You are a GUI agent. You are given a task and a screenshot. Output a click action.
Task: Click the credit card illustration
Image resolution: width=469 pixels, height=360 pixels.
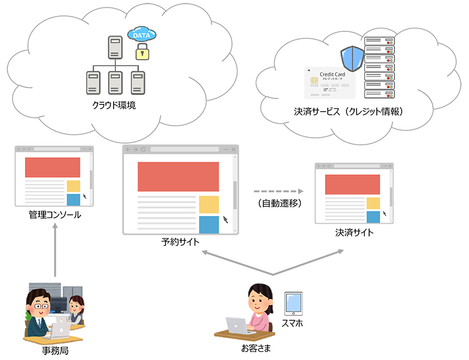(x=329, y=83)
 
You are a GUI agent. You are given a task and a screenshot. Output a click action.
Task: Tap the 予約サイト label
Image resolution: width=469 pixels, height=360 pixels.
(x=180, y=242)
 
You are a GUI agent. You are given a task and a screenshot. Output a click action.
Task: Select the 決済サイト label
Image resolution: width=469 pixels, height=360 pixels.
(x=354, y=232)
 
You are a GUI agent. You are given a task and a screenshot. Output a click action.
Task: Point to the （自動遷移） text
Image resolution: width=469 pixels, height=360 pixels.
(x=279, y=203)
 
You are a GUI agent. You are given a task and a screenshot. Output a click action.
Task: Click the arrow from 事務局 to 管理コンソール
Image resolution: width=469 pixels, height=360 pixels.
(x=55, y=248)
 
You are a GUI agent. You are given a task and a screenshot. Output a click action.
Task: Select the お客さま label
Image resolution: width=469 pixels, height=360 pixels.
(x=256, y=348)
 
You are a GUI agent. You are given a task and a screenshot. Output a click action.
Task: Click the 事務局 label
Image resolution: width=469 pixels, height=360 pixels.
(x=55, y=350)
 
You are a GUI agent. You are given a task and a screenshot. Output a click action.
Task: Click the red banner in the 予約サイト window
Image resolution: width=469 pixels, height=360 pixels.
(x=178, y=177)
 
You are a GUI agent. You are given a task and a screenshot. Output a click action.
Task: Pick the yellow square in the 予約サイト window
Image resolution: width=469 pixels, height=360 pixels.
(x=209, y=204)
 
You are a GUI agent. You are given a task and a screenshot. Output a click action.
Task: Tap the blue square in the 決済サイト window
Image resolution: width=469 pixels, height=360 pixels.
(x=374, y=216)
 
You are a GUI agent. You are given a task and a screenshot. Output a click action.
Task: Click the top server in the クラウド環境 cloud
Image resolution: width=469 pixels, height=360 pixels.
(x=115, y=47)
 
